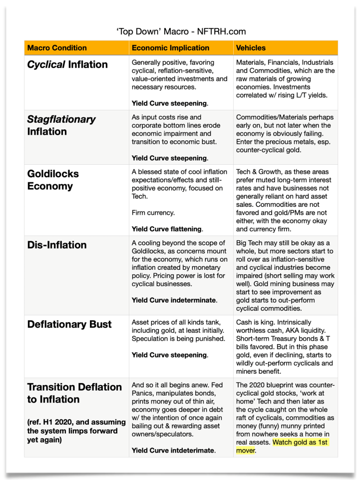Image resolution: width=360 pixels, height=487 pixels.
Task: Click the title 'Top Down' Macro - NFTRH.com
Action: (180, 31)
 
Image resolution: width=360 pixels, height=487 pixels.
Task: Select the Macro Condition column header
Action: (56, 48)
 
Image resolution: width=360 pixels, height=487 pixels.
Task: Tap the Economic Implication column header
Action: (170, 48)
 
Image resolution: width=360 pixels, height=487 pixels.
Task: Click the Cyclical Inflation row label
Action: (67, 64)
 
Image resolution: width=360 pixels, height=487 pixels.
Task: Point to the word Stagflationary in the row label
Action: (61, 120)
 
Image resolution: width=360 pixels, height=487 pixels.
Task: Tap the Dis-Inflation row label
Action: (56, 245)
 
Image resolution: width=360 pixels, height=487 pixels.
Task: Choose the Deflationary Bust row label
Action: (69, 324)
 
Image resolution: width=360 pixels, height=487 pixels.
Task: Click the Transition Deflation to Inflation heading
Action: (74, 393)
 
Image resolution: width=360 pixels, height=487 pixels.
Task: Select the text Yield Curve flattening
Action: (167, 229)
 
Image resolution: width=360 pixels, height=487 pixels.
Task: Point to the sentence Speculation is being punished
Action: (178, 339)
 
